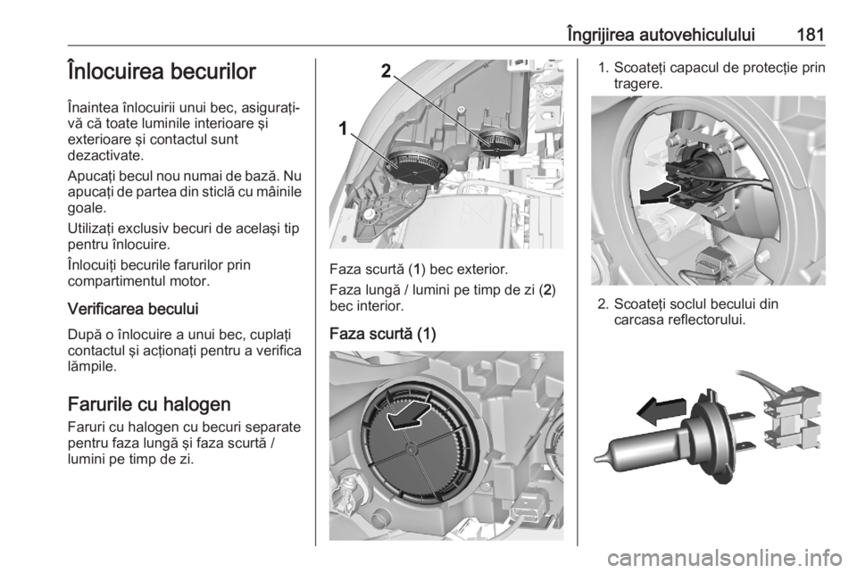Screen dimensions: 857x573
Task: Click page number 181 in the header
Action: [x=811, y=35]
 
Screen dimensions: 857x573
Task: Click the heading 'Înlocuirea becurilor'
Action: [x=162, y=71]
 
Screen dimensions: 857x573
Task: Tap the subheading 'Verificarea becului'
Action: [x=133, y=309]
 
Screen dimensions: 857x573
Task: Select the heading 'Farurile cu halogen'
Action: [x=149, y=404]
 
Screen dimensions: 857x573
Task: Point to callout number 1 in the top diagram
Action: [x=343, y=129]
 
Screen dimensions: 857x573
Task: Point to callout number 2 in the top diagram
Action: [x=386, y=71]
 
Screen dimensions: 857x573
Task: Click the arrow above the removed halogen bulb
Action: [x=661, y=411]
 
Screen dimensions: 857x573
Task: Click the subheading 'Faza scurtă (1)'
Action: [x=383, y=334]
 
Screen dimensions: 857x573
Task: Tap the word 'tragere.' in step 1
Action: [x=638, y=84]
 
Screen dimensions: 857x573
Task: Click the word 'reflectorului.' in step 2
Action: [x=706, y=320]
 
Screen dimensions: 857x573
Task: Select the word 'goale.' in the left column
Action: [x=85, y=208]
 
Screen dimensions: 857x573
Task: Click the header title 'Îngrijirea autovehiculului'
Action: [x=661, y=35]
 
